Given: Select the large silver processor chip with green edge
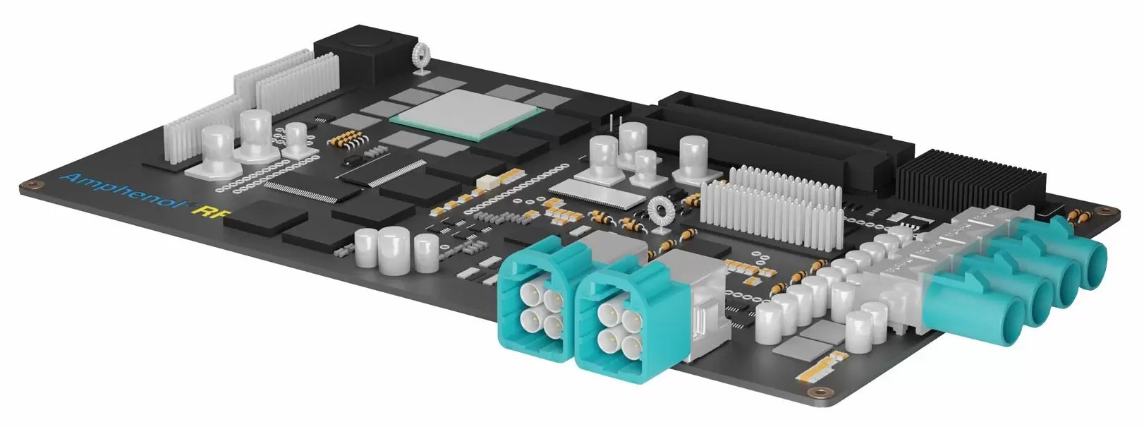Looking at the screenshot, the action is pos(468,115).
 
